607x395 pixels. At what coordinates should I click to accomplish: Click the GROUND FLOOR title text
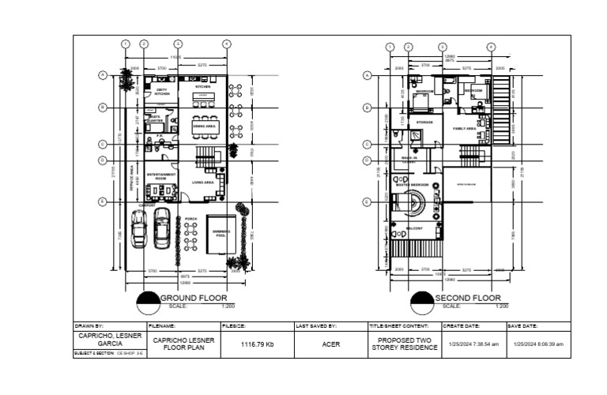(x=194, y=298)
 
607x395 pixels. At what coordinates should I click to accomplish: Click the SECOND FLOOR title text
(x=468, y=298)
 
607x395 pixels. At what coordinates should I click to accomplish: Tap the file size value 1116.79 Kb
(x=257, y=344)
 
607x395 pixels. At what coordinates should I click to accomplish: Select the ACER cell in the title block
(x=330, y=344)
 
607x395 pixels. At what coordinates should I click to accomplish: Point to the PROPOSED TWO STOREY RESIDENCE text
(x=403, y=344)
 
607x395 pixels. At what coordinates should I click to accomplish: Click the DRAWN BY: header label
(x=89, y=325)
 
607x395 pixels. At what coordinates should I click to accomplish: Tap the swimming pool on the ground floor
(x=221, y=233)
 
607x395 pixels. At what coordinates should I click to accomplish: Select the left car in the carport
(x=138, y=228)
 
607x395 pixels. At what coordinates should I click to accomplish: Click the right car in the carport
(x=162, y=228)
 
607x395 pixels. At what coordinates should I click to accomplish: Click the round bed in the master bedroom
(x=413, y=204)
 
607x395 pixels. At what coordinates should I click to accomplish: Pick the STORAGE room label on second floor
(x=424, y=122)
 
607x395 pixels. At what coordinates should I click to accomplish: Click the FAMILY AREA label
(x=464, y=127)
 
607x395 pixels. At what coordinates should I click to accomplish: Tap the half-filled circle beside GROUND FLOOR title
(x=148, y=301)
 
